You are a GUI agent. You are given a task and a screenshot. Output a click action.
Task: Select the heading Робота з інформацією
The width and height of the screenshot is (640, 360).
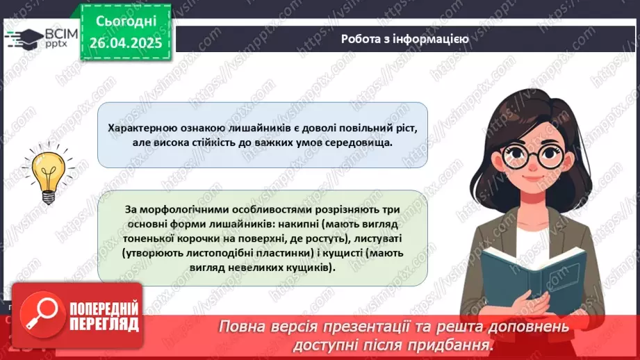click(404, 39)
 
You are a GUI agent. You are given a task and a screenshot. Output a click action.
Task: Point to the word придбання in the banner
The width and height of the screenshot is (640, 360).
click(459, 345)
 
